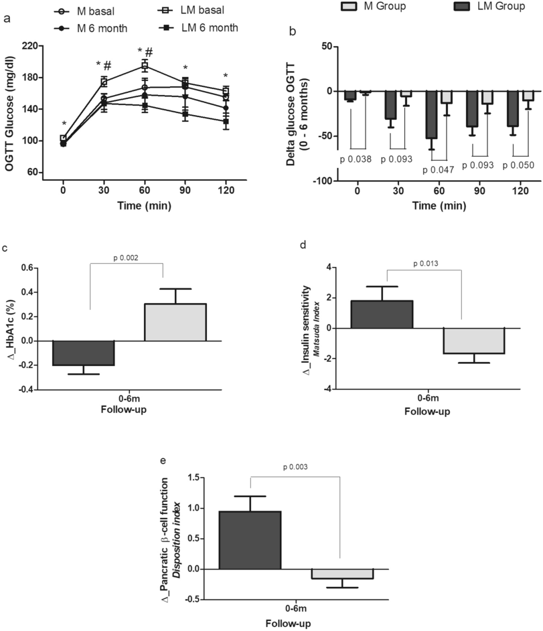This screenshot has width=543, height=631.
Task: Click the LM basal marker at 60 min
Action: click(x=145, y=65)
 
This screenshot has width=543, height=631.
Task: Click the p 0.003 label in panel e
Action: click(x=296, y=466)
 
